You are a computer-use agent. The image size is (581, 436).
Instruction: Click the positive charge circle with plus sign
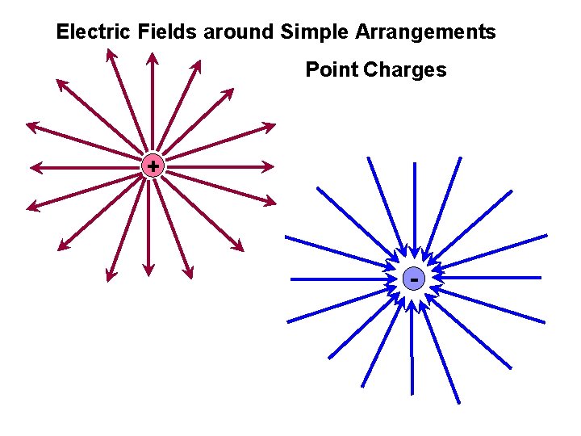(x=152, y=166)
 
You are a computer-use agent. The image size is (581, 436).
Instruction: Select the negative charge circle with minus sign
(x=413, y=279)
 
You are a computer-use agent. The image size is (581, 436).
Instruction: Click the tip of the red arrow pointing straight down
(x=149, y=271)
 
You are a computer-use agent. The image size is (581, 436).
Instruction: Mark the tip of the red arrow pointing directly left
(x=31, y=168)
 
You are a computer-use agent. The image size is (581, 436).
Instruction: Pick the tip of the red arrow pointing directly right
(x=273, y=167)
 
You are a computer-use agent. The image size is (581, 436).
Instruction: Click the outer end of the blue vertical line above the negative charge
(x=415, y=164)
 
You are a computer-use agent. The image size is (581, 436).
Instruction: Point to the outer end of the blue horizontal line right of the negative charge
(x=540, y=278)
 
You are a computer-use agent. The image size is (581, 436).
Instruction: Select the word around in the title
(x=238, y=32)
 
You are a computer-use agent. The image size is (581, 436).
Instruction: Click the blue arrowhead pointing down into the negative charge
(x=414, y=257)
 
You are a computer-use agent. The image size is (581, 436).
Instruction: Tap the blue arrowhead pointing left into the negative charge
(x=437, y=278)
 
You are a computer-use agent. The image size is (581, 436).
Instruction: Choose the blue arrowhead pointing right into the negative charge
(x=391, y=279)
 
